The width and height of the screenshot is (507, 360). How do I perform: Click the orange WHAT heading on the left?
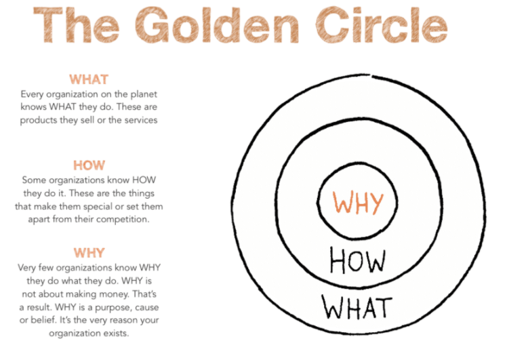point(89,79)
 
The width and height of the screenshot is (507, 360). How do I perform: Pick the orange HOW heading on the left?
point(89,165)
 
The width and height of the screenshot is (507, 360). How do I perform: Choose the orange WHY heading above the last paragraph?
point(89,253)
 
